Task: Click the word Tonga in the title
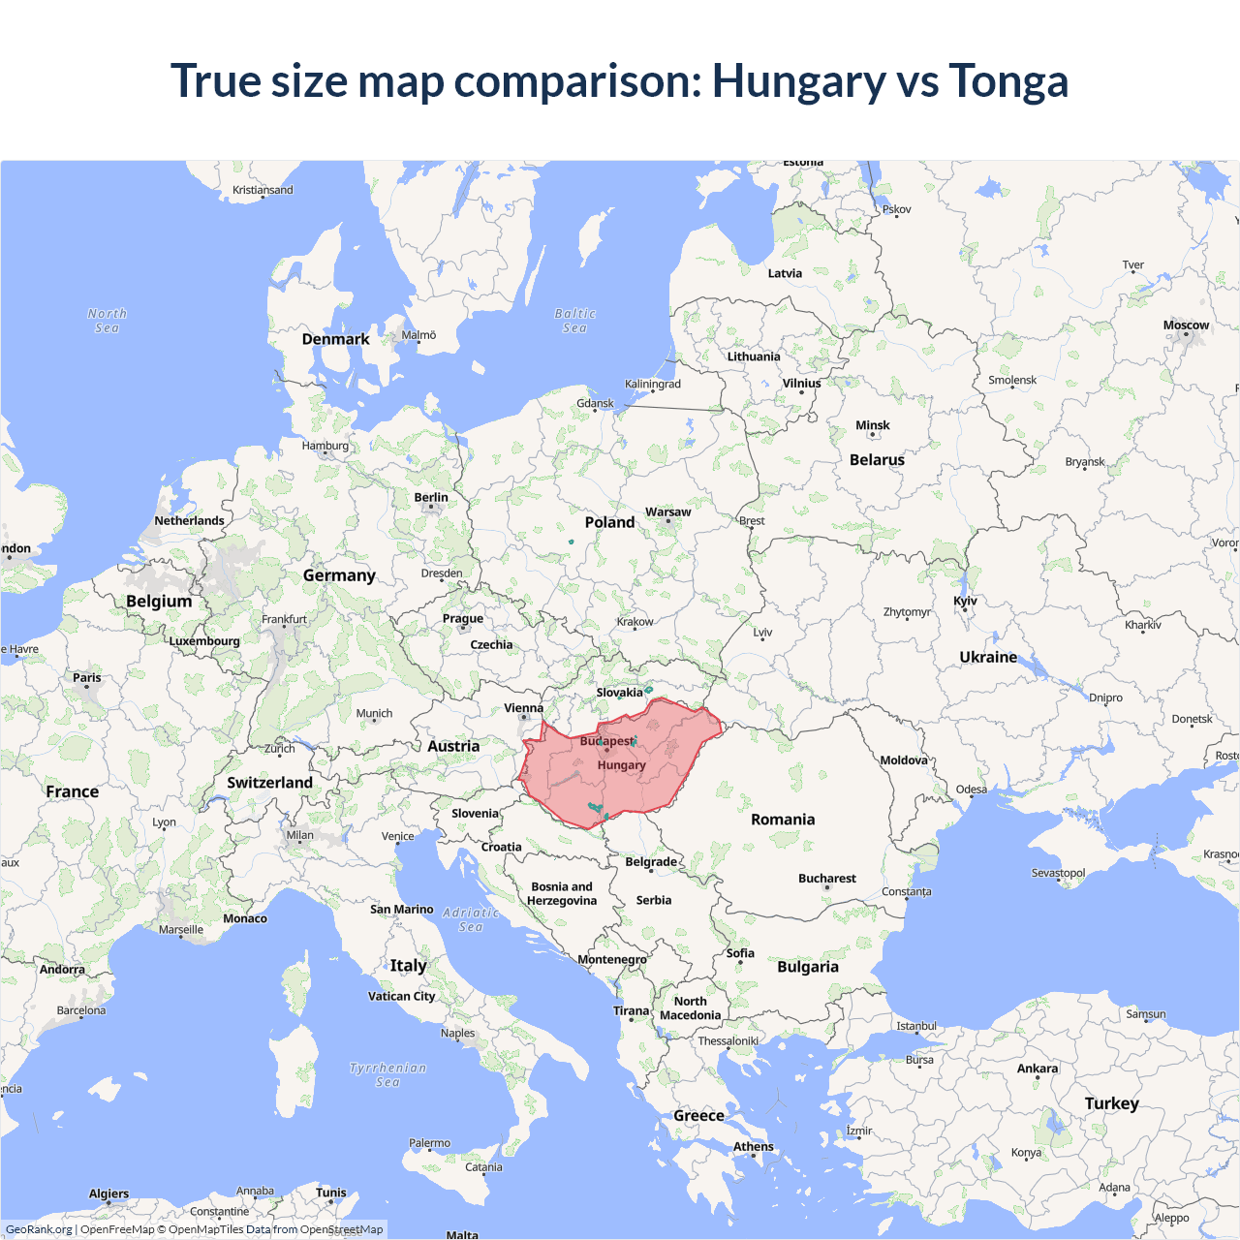(x=1008, y=80)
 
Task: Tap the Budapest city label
(x=605, y=741)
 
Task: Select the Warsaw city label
(x=667, y=511)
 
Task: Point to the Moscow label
(x=1186, y=325)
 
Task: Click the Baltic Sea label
(x=574, y=321)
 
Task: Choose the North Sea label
(x=107, y=321)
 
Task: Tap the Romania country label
(x=783, y=820)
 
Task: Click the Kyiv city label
(x=965, y=601)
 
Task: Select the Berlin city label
(x=431, y=497)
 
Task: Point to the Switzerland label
(x=269, y=783)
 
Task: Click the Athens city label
(x=753, y=1146)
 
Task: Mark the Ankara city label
(x=1038, y=1069)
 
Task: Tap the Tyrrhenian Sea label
(x=387, y=1074)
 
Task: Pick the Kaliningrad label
(x=652, y=384)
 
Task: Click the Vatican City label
(x=401, y=996)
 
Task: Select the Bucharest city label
(x=826, y=879)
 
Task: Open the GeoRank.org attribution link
(x=39, y=1229)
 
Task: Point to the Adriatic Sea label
(x=471, y=919)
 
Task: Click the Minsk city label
(x=872, y=425)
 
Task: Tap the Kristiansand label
(x=263, y=190)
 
